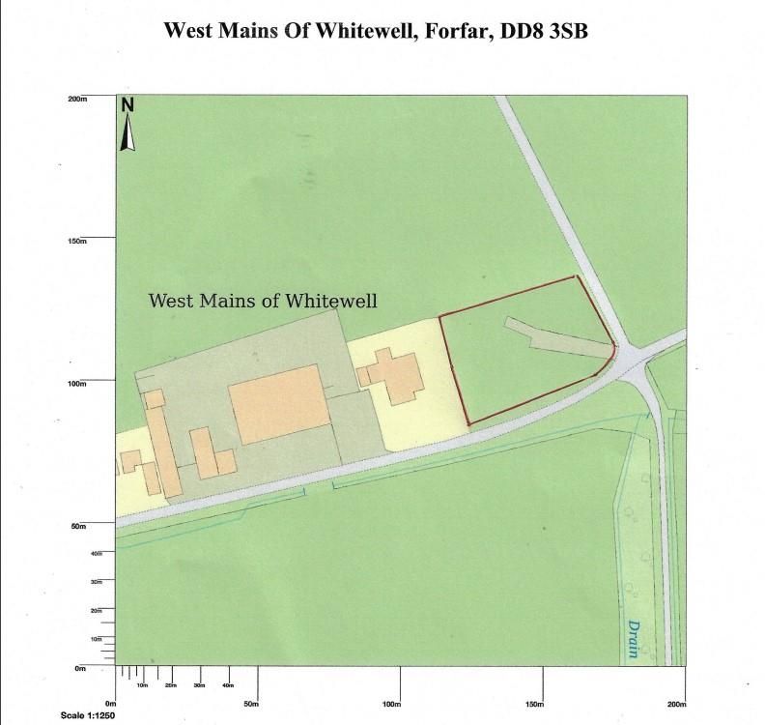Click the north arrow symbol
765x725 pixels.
pos(127,134)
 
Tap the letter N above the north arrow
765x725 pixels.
pos(127,106)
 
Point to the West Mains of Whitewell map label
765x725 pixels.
pos(262,301)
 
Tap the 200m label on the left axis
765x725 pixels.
pos(78,99)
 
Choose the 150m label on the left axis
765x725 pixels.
pos(78,242)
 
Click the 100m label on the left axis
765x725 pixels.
pos(78,384)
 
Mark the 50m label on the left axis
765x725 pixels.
pos(80,527)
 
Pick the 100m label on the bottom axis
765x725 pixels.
pos(391,704)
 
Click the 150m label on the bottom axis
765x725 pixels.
pos(534,704)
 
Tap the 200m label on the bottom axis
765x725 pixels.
pos(675,704)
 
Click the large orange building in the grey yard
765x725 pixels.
pos(276,403)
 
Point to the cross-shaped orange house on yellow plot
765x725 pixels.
pos(390,377)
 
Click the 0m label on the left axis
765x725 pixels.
pos(82,669)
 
